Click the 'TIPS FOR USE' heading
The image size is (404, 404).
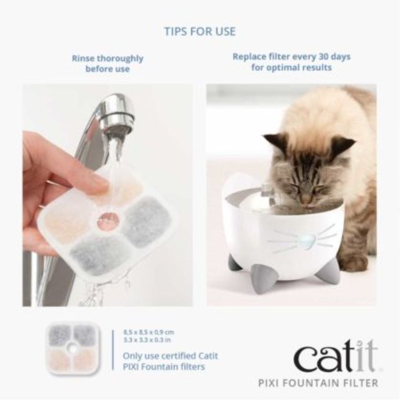tap(200, 32)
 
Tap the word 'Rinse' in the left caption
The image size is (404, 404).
tap(84, 58)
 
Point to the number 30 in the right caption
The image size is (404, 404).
tap(324, 57)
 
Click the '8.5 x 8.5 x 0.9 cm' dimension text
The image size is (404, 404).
tap(149, 333)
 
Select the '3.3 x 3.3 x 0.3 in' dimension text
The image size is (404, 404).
tap(147, 340)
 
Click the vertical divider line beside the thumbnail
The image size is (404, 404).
tap(113, 350)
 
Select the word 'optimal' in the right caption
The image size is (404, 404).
tap(284, 68)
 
